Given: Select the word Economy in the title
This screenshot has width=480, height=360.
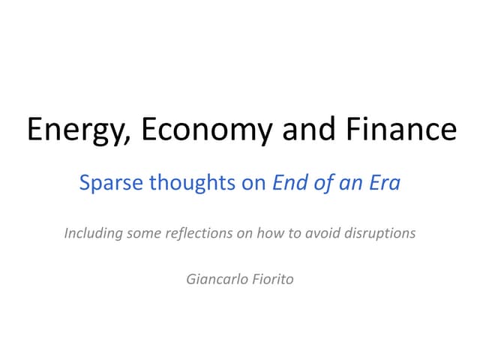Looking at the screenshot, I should (x=187, y=130).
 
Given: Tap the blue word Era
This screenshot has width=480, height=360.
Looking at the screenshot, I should (x=383, y=183).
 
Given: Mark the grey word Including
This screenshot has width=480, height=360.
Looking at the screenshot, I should (x=92, y=233).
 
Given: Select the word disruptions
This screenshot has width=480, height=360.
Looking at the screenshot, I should (x=381, y=233).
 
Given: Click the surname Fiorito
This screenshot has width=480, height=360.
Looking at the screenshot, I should (x=272, y=279).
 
